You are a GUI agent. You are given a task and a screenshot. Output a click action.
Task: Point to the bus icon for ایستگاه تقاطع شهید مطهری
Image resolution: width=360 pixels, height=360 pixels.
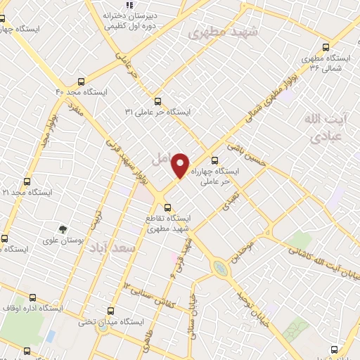click(x=167, y=207)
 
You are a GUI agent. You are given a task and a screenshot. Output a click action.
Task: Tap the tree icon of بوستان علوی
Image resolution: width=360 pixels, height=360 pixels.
click(x=63, y=229)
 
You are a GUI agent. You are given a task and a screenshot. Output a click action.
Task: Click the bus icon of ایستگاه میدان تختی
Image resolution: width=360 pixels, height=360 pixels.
click(x=110, y=310)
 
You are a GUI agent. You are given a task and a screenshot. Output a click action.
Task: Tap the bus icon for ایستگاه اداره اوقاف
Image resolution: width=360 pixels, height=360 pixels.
click(x=32, y=297)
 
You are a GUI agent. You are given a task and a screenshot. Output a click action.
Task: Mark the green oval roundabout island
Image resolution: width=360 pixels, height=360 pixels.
click(x=221, y=268)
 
